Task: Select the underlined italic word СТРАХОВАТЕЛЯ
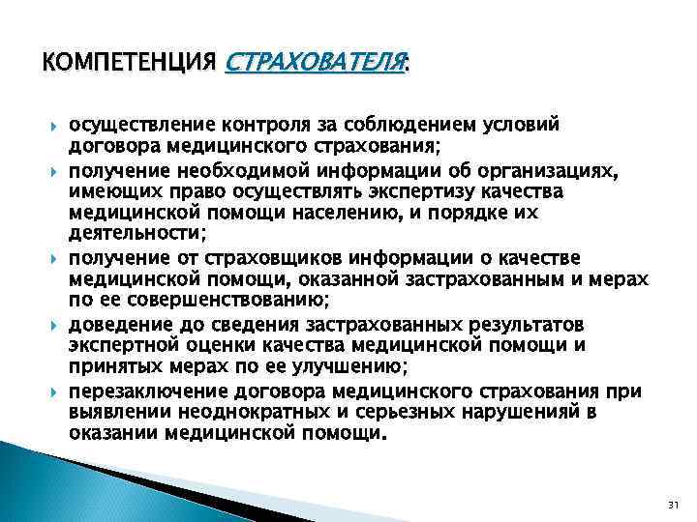coord(314,65)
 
